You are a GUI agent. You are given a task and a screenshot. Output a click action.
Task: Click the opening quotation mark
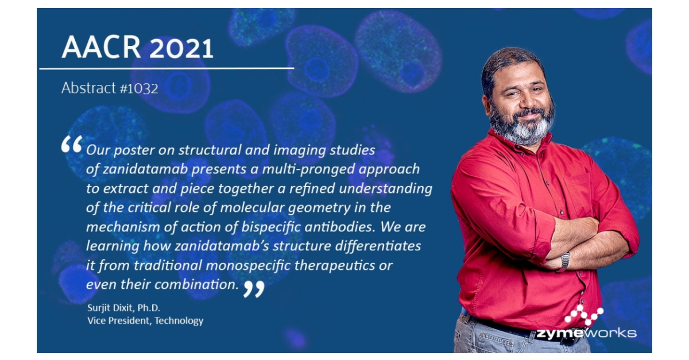pyautogui.click(x=72, y=145)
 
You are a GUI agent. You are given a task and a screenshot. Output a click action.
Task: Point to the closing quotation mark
pyautogui.click(x=253, y=288)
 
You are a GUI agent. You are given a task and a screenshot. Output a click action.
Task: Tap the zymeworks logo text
pyautogui.click(x=586, y=333)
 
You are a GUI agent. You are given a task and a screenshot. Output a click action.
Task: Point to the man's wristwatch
pyautogui.click(x=564, y=261)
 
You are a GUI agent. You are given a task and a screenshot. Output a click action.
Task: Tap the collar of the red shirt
pyautogui.click(x=505, y=144)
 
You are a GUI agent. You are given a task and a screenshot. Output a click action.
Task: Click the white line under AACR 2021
pyautogui.click(x=167, y=68)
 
